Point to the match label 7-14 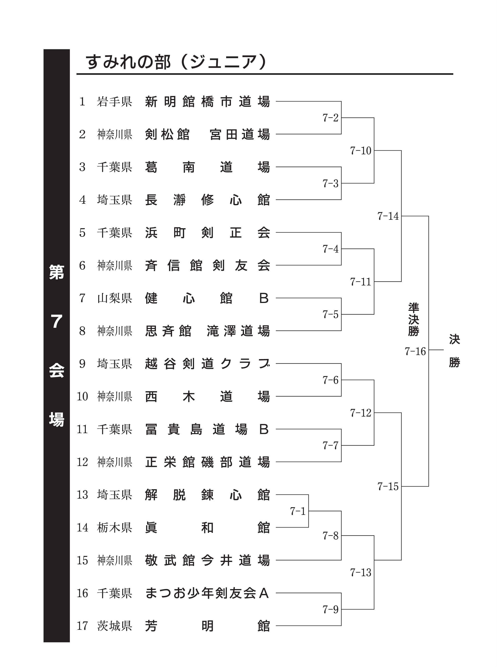pyautogui.click(x=388, y=216)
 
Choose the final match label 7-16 pyautogui.click(x=415, y=351)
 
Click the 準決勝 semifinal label pyautogui.click(x=414, y=319)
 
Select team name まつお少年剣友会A pyautogui.click(x=207, y=593)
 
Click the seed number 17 pyautogui.click(x=82, y=626)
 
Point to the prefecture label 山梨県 pyautogui.click(x=114, y=298)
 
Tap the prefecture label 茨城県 pyautogui.click(x=114, y=626)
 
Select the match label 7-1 pyautogui.click(x=298, y=511)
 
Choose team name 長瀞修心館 pyautogui.click(x=207, y=200)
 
